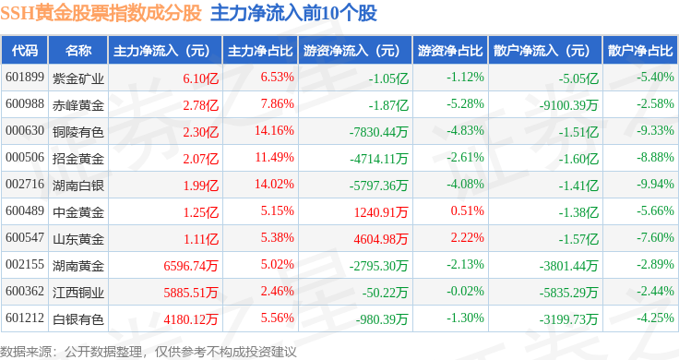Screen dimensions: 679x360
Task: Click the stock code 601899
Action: click(x=25, y=78)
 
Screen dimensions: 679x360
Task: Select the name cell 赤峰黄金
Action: click(x=77, y=105)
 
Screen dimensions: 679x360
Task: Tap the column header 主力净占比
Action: click(x=260, y=51)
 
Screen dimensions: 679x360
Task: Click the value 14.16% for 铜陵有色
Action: click(x=274, y=130)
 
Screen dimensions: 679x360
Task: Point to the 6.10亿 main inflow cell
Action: click(x=200, y=78)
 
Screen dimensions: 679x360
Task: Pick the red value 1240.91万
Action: click(x=381, y=212)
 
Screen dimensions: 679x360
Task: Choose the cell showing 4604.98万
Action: click(x=381, y=239)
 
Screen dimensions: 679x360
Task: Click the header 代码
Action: click(x=25, y=51)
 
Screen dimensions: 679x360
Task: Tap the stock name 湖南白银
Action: click(x=77, y=186)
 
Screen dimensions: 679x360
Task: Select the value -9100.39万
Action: click(x=568, y=105)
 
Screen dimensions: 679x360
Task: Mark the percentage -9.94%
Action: click(x=655, y=184)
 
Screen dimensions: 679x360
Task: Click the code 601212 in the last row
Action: click(x=25, y=318)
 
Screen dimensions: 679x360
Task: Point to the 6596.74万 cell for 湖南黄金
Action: click(x=191, y=266)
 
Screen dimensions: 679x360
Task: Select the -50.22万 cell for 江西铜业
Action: click(x=385, y=293)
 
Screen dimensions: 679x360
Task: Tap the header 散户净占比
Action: click(x=640, y=51)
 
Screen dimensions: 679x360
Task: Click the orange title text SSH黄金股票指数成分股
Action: click(x=101, y=14)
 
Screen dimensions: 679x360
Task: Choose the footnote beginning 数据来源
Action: click(x=149, y=352)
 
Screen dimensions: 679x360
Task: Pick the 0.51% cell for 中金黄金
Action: click(x=467, y=211)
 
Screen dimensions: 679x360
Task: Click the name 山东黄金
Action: click(x=77, y=239)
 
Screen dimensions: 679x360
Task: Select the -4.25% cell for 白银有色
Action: click(x=655, y=318)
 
